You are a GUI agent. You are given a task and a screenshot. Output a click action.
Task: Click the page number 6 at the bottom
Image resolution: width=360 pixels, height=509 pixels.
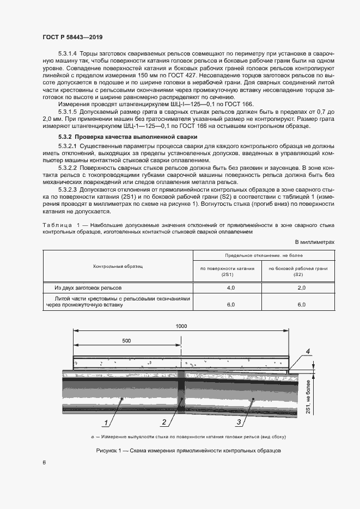(x=44, y=462)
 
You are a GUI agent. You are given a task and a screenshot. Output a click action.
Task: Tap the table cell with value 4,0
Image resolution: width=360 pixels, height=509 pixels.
(x=230, y=286)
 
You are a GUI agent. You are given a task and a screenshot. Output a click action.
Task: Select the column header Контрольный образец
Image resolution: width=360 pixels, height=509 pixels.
(x=118, y=266)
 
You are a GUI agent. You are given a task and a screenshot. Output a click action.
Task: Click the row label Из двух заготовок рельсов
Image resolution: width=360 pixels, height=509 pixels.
(x=89, y=286)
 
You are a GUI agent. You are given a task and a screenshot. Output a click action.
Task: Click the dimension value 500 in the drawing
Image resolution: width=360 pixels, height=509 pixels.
(x=126, y=340)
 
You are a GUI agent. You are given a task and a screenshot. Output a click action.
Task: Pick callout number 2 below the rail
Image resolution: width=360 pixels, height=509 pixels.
(x=163, y=422)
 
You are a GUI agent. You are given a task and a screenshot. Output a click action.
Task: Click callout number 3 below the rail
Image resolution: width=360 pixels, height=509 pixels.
(x=239, y=422)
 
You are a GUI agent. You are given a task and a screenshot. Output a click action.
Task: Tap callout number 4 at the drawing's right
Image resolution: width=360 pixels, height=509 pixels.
(x=308, y=352)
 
